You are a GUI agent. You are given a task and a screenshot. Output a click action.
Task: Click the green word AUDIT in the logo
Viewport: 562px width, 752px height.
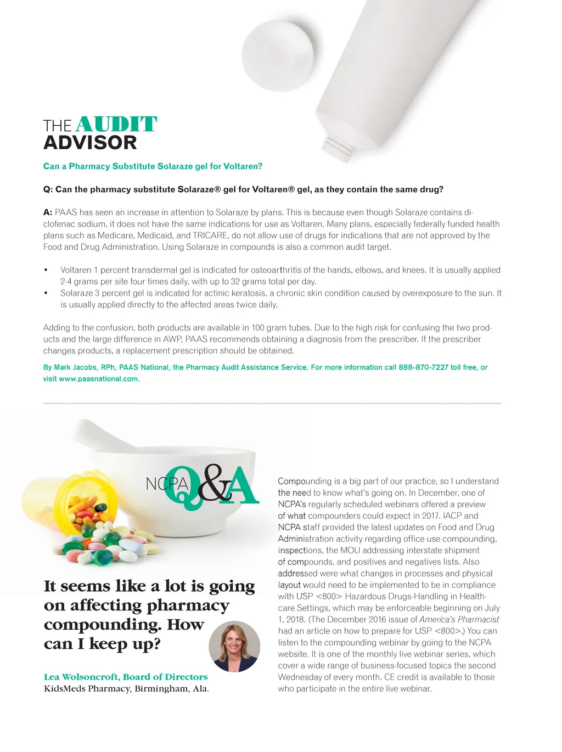coord(116,124)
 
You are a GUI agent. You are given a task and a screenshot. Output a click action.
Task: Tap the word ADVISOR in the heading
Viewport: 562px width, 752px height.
coord(90,143)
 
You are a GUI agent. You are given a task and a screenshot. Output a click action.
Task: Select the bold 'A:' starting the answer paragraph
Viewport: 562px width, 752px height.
coord(48,212)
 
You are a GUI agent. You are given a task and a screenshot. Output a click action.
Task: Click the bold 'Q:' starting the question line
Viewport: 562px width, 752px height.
coord(48,189)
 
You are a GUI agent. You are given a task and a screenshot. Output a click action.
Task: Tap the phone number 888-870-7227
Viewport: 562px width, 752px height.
coord(423,367)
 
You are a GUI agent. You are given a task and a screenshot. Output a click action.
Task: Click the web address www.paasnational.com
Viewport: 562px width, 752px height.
coord(99,379)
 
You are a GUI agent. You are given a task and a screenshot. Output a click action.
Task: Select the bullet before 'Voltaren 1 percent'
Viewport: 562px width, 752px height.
coord(46,270)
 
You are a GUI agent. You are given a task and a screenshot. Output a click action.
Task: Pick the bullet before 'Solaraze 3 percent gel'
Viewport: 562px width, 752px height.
coord(46,293)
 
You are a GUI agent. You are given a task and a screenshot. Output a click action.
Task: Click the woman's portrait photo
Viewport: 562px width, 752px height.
coord(234,646)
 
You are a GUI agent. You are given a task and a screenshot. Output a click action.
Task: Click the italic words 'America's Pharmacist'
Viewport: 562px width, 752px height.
coord(459,619)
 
